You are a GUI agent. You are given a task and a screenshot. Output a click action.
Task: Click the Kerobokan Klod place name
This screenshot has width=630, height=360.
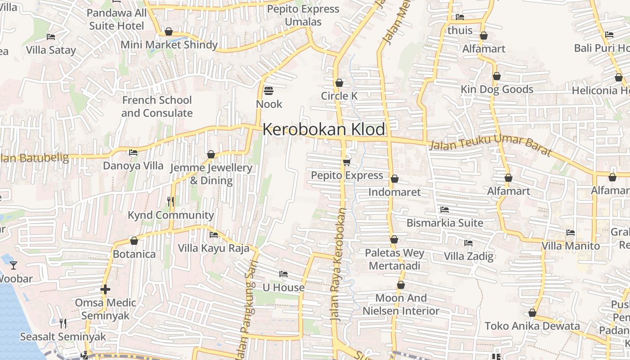(324, 130)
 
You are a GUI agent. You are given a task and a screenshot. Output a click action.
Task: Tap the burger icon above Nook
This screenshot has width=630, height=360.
(269, 91)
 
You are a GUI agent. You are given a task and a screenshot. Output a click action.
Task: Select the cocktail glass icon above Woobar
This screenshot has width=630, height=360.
(13, 265)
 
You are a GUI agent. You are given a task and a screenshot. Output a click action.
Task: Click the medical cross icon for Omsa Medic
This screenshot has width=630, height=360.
(105, 289)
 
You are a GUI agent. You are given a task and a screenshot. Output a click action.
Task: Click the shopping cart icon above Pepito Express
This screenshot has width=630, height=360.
(346, 162)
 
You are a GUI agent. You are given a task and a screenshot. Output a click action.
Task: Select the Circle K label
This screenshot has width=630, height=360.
(339, 96)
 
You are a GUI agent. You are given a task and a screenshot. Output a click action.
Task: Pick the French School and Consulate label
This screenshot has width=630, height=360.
(157, 107)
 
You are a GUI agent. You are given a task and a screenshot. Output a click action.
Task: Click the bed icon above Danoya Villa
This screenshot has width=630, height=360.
(133, 153)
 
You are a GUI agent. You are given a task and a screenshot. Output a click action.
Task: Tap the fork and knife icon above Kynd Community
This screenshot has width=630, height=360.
(171, 201)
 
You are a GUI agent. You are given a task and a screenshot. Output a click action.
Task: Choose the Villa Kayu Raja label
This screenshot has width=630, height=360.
(213, 248)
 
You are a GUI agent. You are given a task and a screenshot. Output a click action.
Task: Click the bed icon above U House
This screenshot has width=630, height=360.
(283, 274)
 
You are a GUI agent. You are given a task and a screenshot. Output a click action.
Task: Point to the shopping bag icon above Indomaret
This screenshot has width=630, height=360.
(395, 179)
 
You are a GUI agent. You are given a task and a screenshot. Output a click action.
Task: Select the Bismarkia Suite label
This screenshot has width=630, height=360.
(445, 223)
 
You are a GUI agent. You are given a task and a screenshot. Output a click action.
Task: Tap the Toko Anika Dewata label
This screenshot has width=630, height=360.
(532, 326)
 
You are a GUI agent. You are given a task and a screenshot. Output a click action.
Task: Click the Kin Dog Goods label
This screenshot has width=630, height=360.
(497, 89)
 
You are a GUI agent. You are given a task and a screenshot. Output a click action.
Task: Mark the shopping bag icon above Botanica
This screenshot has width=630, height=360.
(134, 241)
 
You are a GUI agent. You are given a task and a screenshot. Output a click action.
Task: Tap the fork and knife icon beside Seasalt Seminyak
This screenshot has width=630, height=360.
(63, 323)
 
